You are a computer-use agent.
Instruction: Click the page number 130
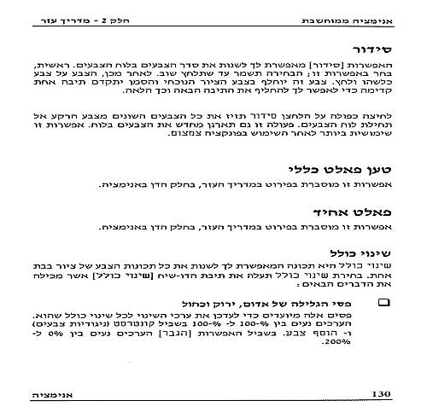coord(382,393)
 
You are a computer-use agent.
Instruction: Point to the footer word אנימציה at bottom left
coord(41,393)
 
